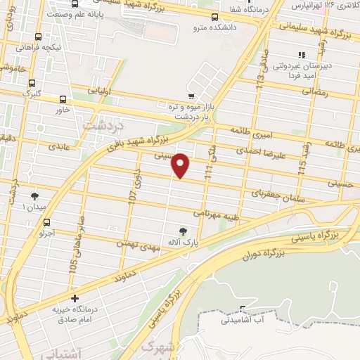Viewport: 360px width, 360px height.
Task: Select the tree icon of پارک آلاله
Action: (x=184, y=231)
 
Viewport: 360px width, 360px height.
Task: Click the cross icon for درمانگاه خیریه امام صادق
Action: (x=75, y=299)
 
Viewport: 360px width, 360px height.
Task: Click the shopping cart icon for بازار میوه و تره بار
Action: (x=191, y=96)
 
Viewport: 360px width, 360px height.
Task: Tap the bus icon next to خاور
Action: (x=63, y=99)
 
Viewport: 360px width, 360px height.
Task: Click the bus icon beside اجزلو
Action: (x=47, y=221)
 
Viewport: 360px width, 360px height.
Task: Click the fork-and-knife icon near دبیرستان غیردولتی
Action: (x=302, y=55)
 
